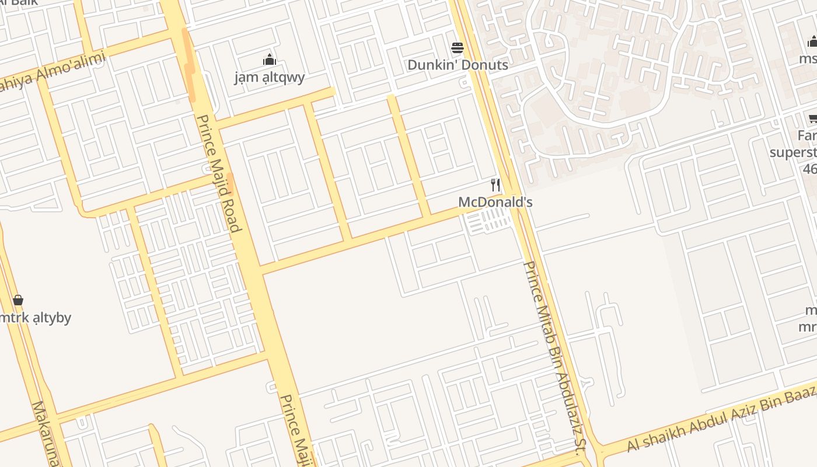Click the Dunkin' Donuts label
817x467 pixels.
458,65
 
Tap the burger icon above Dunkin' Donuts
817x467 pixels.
458,47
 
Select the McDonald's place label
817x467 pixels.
495,203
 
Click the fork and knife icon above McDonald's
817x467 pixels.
495,185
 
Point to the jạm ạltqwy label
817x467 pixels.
270,77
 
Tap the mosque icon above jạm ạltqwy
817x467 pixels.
270,60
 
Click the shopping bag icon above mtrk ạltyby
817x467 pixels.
18,300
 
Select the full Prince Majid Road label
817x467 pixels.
218,173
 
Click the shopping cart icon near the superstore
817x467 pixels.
812,119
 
